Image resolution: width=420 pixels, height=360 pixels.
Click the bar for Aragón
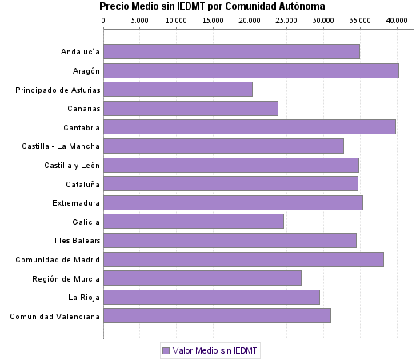coord(251,70)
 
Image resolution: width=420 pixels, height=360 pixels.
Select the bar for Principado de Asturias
coord(178,90)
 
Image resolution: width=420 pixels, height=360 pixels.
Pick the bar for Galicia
coord(194,222)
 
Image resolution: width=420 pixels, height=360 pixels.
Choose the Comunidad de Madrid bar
coord(243,259)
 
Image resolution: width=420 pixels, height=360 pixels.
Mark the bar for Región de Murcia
coord(202,278)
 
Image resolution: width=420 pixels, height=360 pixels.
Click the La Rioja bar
coord(211,298)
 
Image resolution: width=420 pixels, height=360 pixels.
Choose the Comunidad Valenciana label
coord(54,316)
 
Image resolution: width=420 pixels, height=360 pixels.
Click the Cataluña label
coord(82,184)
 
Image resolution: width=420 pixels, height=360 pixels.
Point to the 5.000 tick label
coord(140,20)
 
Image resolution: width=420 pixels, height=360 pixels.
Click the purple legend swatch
coord(166,350)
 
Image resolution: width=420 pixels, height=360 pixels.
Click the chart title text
coord(212,6)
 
